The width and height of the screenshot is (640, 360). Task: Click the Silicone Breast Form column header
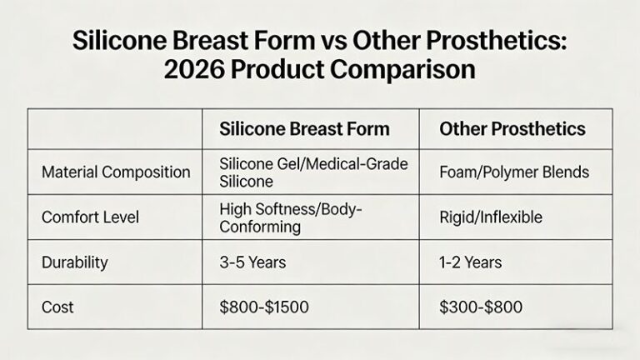pyautogui.click(x=304, y=129)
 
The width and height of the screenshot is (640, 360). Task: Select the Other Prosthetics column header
pyautogui.click(x=512, y=129)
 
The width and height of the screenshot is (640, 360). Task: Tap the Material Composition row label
pyautogui.click(x=116, y=172)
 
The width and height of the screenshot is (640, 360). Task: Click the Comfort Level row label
pyautogui.click(x=90, y=217)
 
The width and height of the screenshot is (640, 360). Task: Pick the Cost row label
pyautogui.click(x=57, y=307)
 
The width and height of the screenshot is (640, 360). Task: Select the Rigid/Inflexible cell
pyautogui.click(x=491, y=217)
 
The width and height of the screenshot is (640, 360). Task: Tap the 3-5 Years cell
pyautogui.click(x=252, y=262)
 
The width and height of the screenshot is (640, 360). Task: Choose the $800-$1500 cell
pyautogui.click(x=264, y=307)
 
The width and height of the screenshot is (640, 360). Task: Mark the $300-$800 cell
pyautogui.click(x=481, y=307)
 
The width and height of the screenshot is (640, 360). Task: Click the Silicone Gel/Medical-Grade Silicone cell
pyautogui.click(x=313, y=172)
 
